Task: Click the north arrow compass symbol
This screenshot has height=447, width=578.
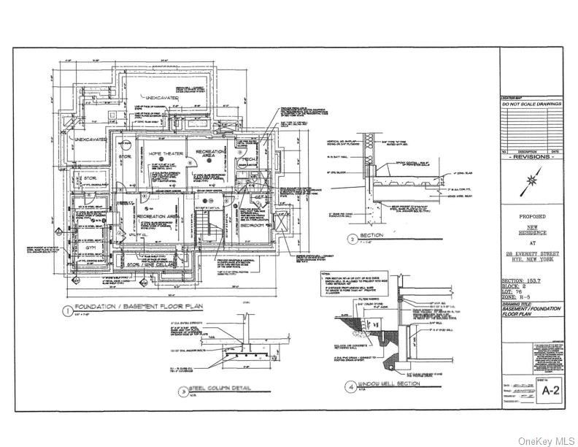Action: coord(533,179)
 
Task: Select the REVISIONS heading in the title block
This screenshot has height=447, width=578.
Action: coord(532,156)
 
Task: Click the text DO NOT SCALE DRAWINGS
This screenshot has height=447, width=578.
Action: coord(532,104)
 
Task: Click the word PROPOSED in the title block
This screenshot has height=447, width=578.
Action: coord(532,217)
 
